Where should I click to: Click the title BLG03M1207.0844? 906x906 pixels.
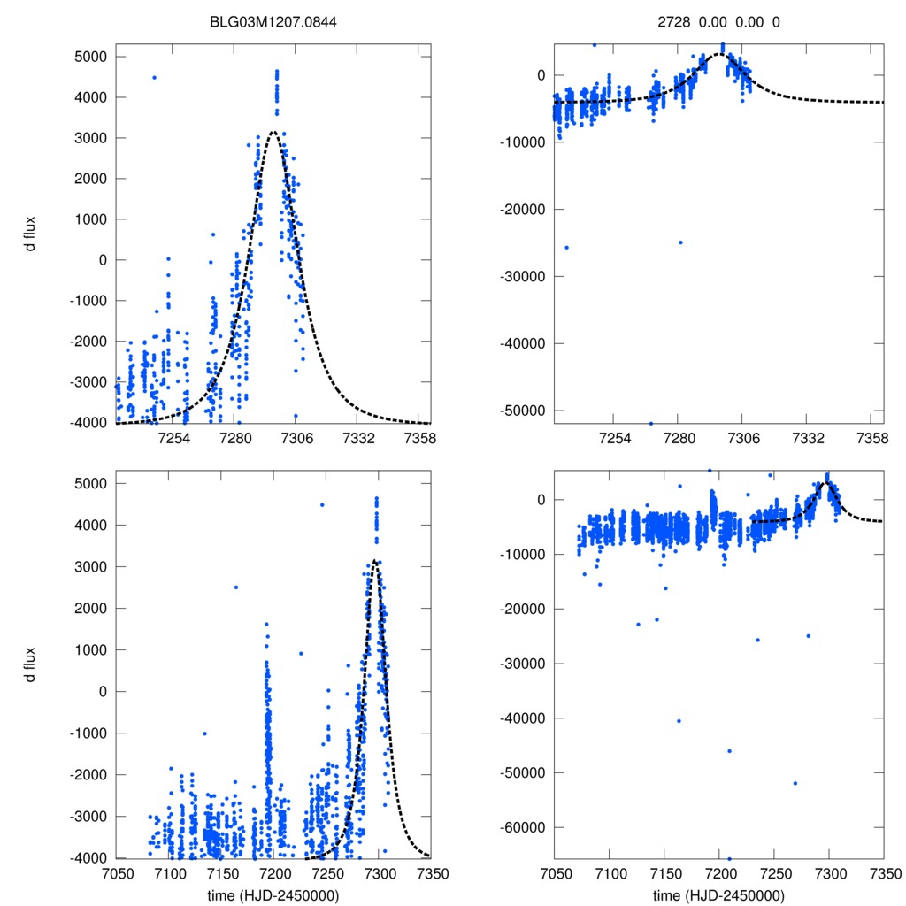(274, 23)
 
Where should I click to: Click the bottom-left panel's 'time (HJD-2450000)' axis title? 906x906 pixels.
(274, 894)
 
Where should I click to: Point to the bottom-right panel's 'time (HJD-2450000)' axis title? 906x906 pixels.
(718, 894)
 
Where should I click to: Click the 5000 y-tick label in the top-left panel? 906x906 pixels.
(89, 57)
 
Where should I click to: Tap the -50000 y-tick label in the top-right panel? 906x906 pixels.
(522, 411)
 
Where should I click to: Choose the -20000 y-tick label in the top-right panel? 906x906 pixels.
(522, 209)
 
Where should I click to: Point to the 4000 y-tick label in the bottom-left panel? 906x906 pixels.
(89, 526)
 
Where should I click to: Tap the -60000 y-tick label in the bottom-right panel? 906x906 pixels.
(522, 827)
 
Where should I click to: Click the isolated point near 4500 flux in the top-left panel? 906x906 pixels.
(154, 77)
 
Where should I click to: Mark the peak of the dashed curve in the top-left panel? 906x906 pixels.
(273, 132)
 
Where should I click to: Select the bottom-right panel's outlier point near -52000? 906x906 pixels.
(795, 783)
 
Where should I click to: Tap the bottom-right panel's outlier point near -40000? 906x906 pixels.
(679, 720)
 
